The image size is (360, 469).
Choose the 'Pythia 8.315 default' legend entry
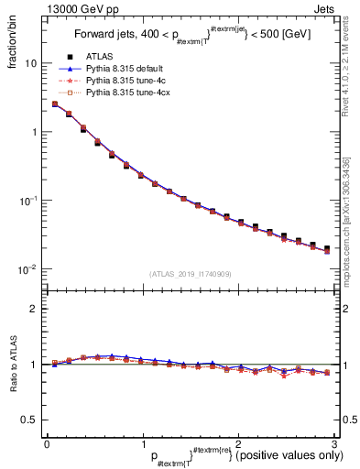click(x=125, y=69)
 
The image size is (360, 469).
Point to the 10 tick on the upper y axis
click(x=30, y=64)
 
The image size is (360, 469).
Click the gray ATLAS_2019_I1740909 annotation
click(x=190, y=274)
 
